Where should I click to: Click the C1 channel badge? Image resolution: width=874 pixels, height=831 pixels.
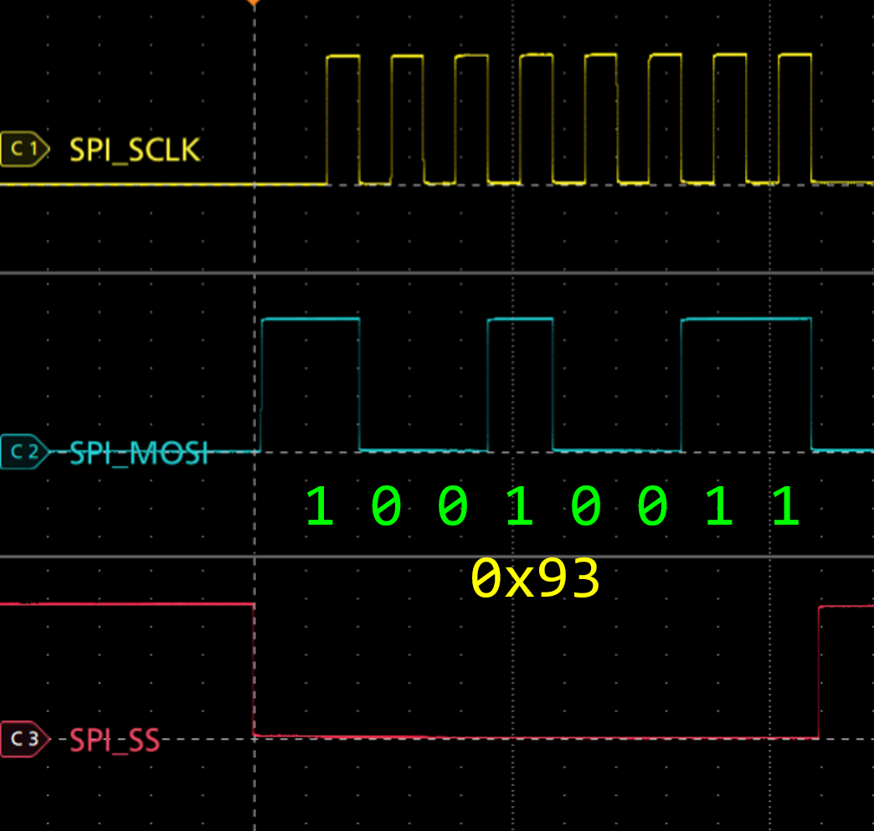25,149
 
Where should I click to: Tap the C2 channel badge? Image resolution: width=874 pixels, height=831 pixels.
25,451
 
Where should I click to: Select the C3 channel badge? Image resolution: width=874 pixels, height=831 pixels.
25,739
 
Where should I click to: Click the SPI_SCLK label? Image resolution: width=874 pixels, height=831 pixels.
134,151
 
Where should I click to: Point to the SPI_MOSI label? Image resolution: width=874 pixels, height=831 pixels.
139,453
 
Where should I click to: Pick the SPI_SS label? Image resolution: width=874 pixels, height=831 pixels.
115,741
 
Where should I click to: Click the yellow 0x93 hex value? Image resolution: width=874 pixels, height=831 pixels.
535,579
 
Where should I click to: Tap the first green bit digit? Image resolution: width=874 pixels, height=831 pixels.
320,505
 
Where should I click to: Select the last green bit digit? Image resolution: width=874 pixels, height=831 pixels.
786,505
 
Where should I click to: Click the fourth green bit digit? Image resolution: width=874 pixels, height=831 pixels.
519,505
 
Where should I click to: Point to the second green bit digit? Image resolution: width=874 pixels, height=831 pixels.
386,505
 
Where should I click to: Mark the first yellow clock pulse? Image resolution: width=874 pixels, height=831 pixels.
342,56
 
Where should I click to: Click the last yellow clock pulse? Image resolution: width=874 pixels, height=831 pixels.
794,54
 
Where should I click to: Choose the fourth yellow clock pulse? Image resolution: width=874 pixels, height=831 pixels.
537,54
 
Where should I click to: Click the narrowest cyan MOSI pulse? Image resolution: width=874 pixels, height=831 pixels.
520,319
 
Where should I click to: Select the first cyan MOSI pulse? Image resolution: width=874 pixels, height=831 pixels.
311,319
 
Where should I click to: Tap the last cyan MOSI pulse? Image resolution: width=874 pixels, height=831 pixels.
747,319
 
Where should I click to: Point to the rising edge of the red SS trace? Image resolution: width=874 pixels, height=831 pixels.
818,672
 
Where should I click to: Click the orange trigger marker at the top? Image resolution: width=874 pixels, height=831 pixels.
254,3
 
